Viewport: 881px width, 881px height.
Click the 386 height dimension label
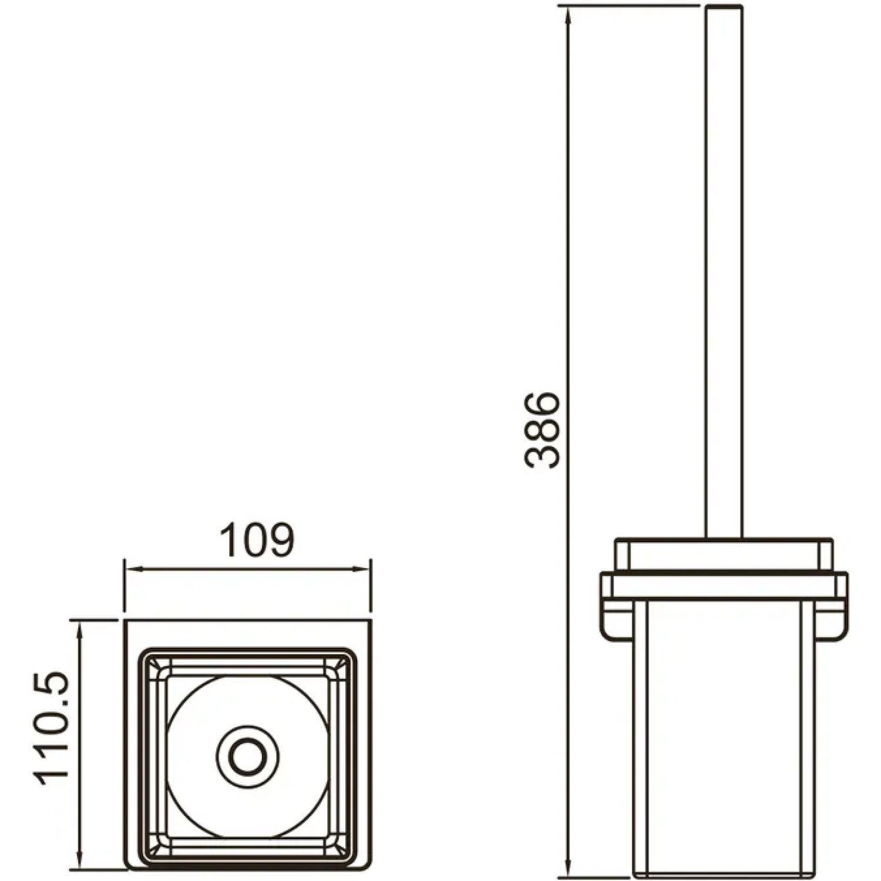pos(542,431)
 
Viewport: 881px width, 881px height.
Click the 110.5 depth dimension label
pos(53,730)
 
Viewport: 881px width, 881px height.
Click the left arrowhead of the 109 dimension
pos(132,568)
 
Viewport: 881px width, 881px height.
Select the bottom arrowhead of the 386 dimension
pos(567,867)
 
